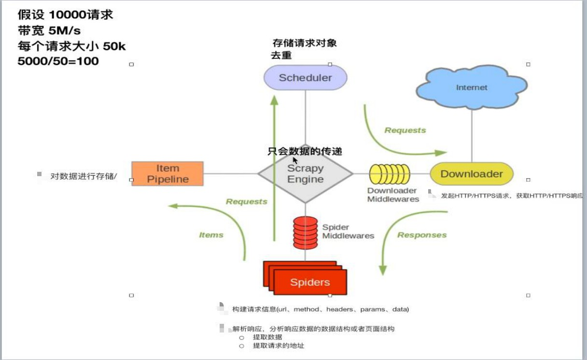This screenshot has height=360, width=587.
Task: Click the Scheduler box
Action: click(305, 78)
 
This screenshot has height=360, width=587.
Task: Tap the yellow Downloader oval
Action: click(471, 174)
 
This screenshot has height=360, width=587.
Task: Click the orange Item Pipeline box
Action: click(168, 174)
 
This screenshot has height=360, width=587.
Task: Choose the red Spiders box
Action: click(309, 282)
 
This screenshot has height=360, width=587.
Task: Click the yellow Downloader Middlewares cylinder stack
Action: click(390, 174)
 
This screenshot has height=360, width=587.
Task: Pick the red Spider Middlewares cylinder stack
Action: click(305, 233)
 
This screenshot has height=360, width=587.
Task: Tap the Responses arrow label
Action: click(421, 235)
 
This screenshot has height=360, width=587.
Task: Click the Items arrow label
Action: click(211, 235)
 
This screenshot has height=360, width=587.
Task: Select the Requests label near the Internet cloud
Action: click(405, 130)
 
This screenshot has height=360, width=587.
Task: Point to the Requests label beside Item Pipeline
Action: click(246, 202)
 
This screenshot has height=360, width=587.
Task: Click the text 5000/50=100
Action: click(58, 61)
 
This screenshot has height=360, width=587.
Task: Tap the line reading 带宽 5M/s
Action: click(49, 31)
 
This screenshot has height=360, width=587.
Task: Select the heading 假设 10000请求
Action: click(65, 15)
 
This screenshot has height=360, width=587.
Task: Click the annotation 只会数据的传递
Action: click(305, 152)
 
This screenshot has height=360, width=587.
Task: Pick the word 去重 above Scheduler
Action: click(281, 55)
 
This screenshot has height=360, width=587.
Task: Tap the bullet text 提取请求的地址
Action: click(279, 346)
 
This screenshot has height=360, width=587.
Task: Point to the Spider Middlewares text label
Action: click(348, 232)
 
